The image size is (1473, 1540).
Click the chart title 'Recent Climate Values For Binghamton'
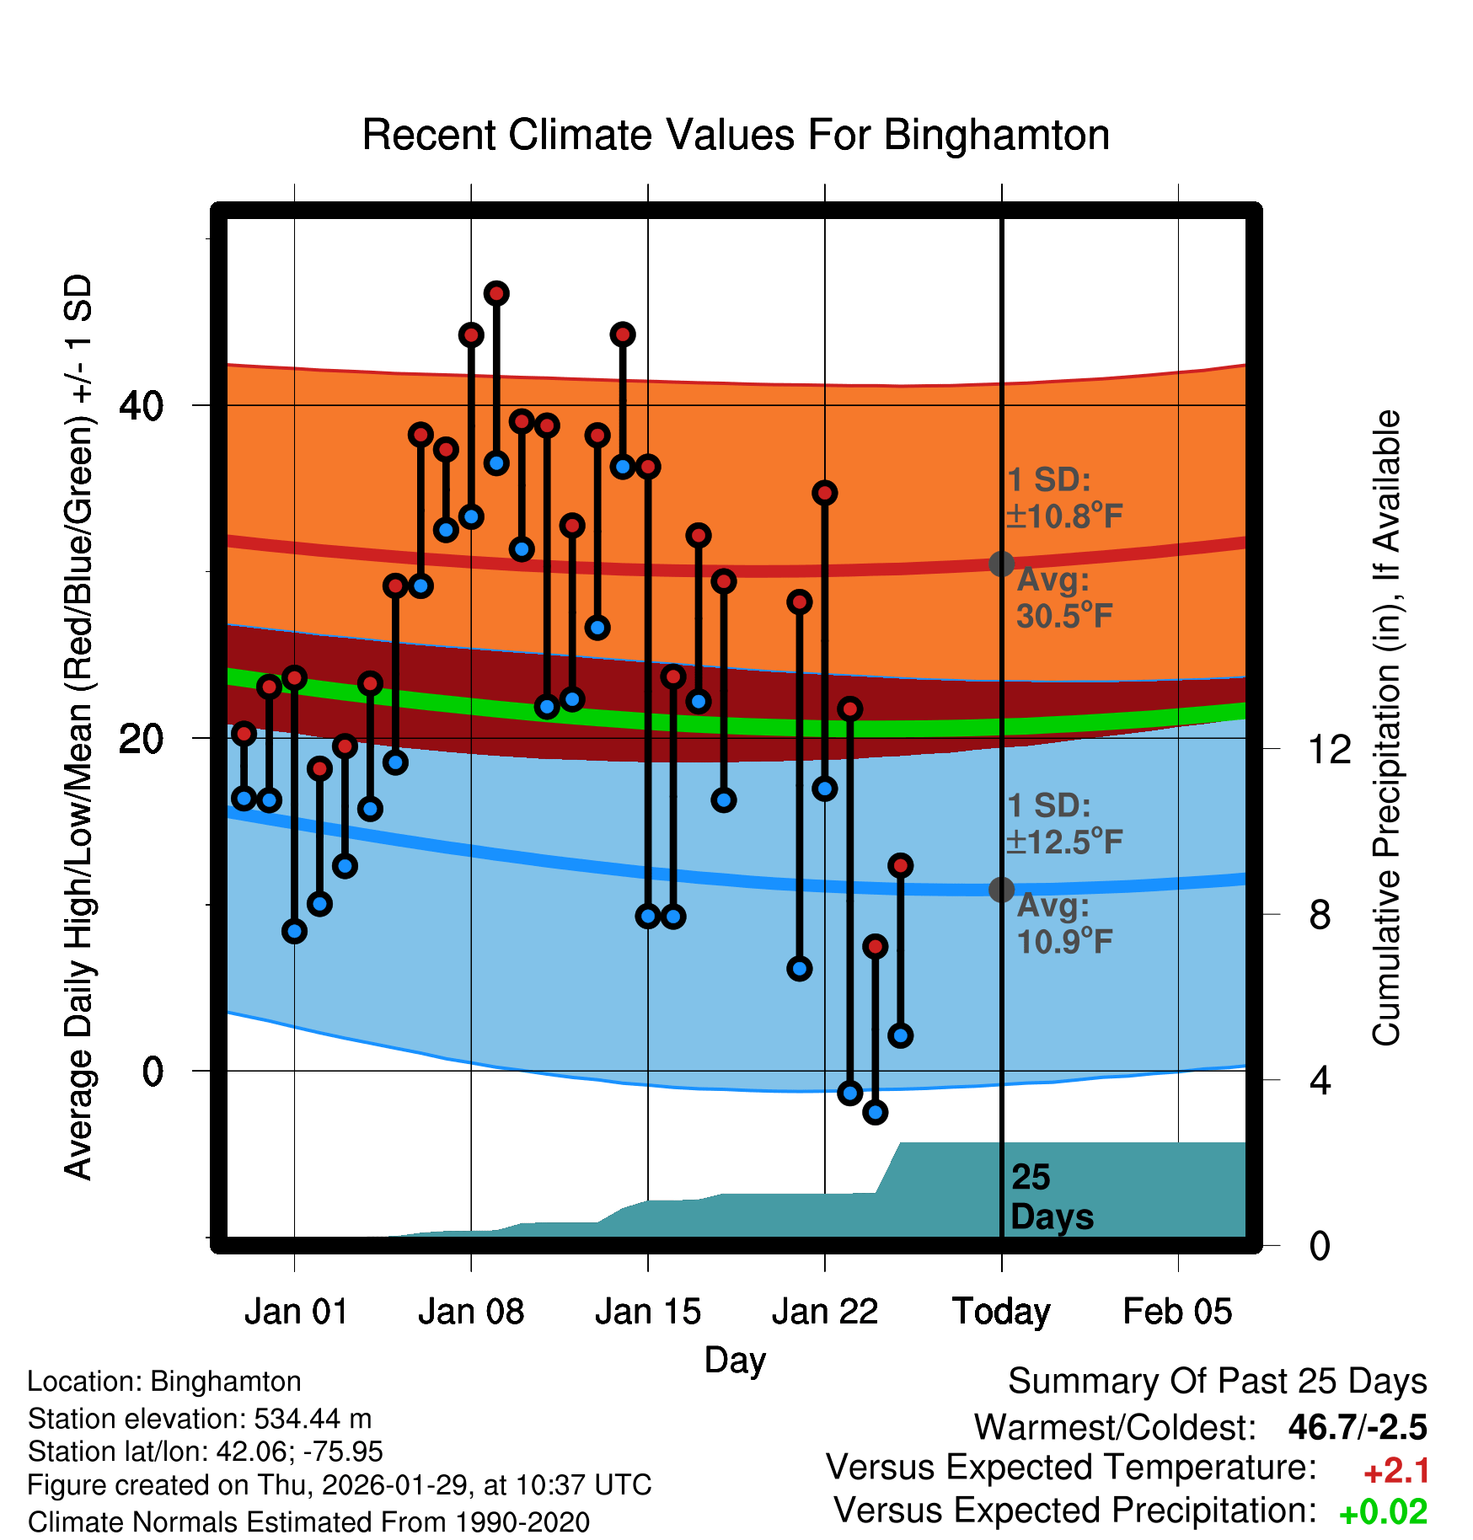click(736, 135)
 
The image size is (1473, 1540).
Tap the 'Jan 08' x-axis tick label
click(471, 1312)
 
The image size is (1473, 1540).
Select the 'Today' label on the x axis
click(1001, 1312)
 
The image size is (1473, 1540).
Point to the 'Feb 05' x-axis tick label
click(1177, 1312)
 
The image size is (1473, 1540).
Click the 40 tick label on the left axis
click(141, 406)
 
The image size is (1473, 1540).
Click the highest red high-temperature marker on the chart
click(496, 293)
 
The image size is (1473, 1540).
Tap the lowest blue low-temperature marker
click(876, 1113)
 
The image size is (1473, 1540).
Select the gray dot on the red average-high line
click(1001, 564)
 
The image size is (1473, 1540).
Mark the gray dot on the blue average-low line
click(1001, 890)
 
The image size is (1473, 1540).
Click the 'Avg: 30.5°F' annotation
click(1063, 598)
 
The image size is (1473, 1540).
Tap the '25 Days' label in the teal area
click(1051, 1197)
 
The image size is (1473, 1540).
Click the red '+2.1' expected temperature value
click(1396, 1471)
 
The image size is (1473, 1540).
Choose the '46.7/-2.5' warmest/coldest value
click(1358, 1427)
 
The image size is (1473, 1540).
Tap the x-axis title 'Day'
click(735, 1360)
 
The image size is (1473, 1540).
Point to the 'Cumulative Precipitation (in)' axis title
click(1386, 728)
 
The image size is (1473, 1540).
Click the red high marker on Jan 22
click(825, 493)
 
